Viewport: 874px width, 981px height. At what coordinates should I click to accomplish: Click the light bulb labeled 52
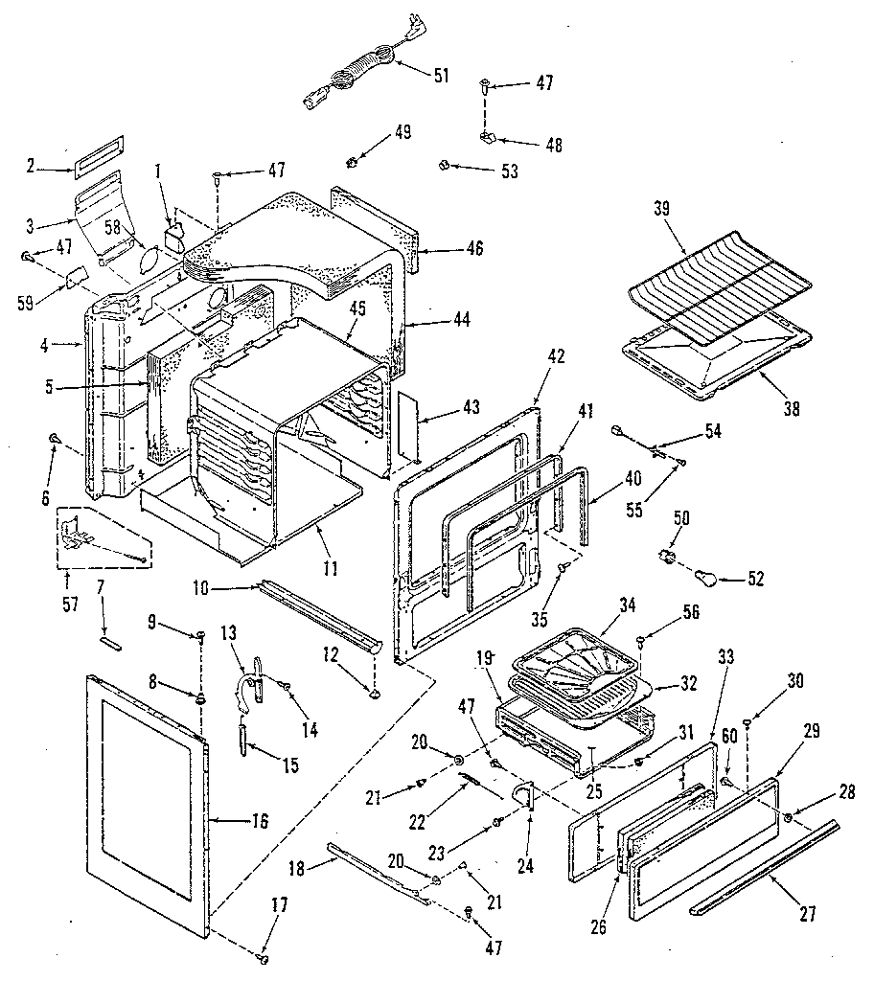click(x=706, y=576)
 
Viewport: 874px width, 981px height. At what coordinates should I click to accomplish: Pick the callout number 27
click(x=808, y=915)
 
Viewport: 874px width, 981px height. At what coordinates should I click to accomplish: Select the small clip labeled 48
click(x=488, y=137)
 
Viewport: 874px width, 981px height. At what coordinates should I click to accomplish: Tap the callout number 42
click(x=557, y=355)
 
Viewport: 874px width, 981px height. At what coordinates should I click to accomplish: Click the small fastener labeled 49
click(x=354, y=162)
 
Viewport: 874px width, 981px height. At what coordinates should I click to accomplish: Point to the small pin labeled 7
click(x=109, y=643)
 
